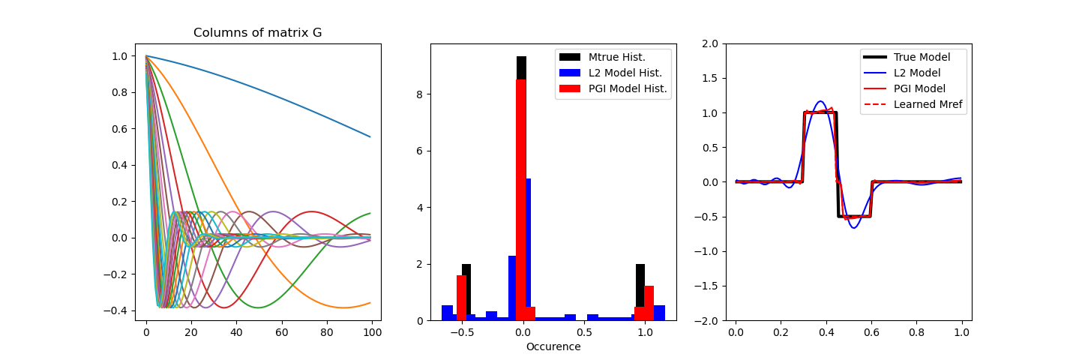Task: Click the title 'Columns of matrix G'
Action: click(x=257, y=33)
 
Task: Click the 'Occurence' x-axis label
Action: click(x=553, y=346)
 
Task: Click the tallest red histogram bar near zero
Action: click(x=521, y=195)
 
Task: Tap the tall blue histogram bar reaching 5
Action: click(x=529, y=247)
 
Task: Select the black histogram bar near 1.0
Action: click(x=640, y=285)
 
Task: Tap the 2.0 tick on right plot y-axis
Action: click(x=714, y=43)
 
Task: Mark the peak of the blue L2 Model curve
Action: click(x=820, y=101)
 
